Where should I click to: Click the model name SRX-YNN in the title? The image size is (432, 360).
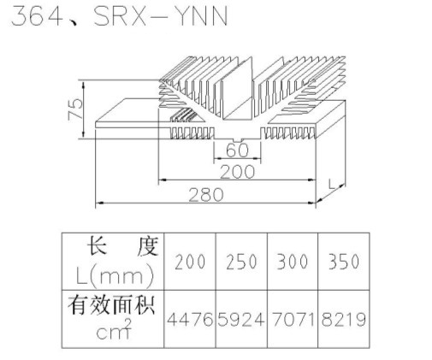(x=161, y=16)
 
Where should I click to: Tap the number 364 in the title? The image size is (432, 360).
(x=37, y=16)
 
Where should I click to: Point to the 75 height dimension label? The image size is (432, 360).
(x=75, y=109)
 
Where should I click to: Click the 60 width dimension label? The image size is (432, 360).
(x=237, y=150)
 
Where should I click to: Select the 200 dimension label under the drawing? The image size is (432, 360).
(x=237, y=172)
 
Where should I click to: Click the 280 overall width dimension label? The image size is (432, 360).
(x=206, y=195)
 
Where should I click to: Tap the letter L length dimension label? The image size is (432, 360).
(x=332, y=184)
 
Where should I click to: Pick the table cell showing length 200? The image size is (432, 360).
(x=190, y=262)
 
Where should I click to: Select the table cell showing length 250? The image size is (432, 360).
(x=241, y=262)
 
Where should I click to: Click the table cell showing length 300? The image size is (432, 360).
(x=293, y=262)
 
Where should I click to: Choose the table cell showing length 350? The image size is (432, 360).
(x=344, y=262)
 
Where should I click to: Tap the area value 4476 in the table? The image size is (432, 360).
(x=190, y=319)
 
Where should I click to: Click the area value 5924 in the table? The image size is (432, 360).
(x=241, y=319)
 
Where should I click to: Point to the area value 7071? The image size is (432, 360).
(x=293, y=319)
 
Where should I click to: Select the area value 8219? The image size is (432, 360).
(x=344, y=319)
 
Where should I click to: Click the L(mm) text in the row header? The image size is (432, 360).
(x=115, y=276)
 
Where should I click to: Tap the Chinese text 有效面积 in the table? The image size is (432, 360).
(x=111, y=305)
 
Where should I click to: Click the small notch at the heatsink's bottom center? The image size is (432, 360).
(x=237, y=140)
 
